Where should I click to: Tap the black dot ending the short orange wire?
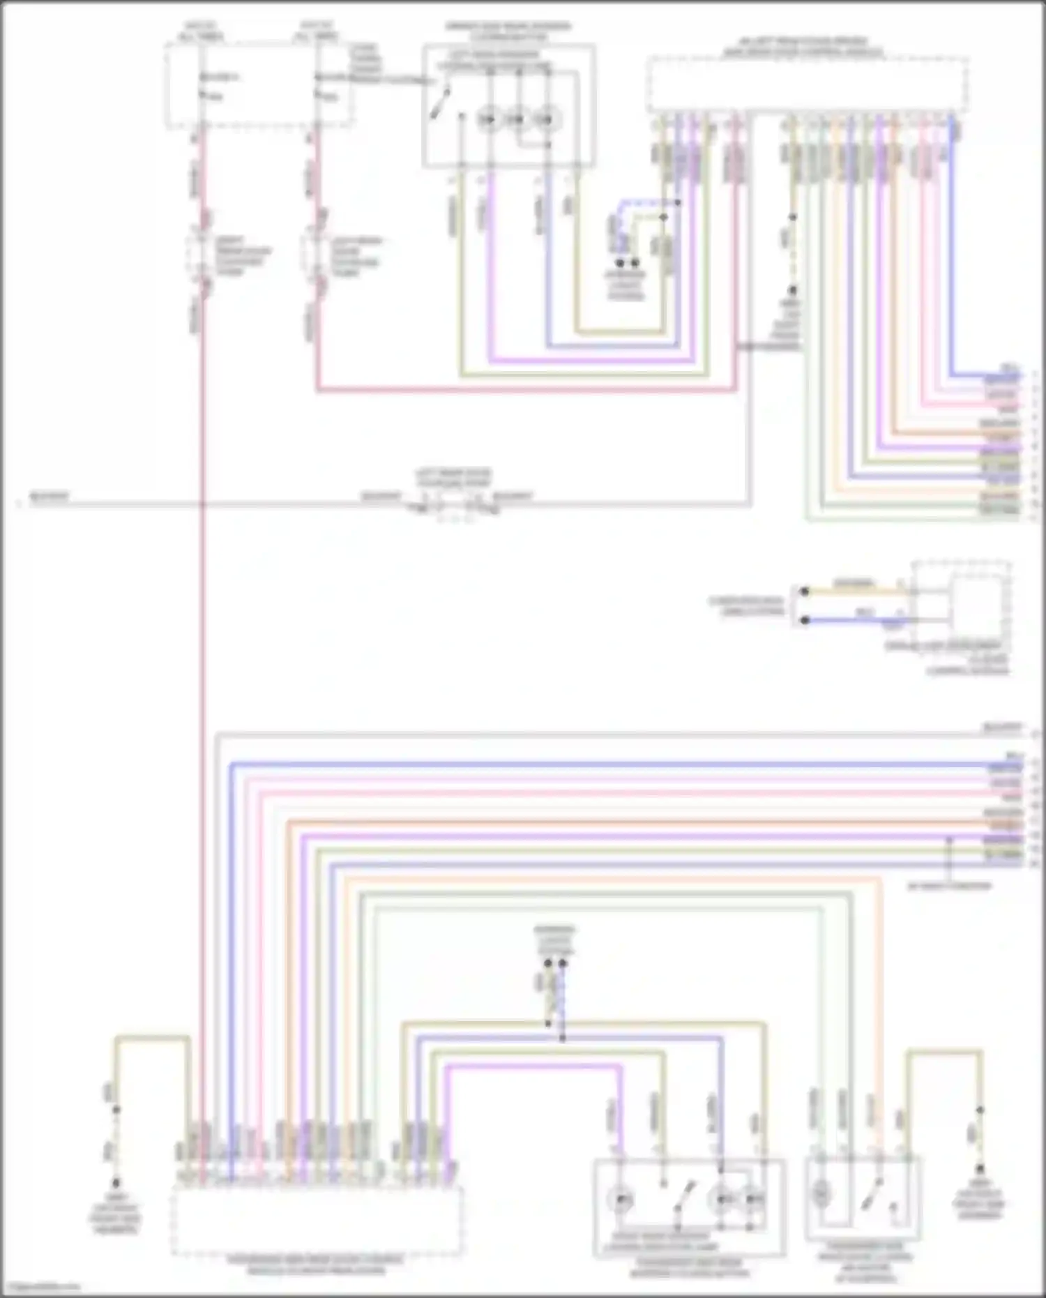804,591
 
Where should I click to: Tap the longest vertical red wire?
202,697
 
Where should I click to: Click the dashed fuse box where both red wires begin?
258,85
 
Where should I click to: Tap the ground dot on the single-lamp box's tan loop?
980,1169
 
